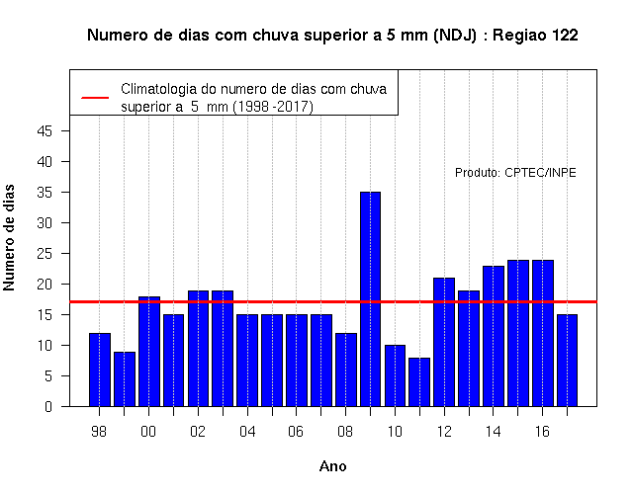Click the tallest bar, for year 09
370,298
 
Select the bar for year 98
100,370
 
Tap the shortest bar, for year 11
419,382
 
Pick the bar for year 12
444,342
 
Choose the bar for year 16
543,333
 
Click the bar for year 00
149,352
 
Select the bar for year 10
395,375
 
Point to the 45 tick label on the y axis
45,131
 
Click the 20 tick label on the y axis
45,285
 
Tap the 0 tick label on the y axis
48,406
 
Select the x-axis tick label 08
345,432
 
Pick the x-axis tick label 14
493,432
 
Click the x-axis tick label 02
198,432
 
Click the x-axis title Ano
332,466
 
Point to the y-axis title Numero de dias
9,238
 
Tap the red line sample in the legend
95,98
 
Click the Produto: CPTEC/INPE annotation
515,173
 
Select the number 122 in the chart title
565,36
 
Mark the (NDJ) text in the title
455,36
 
